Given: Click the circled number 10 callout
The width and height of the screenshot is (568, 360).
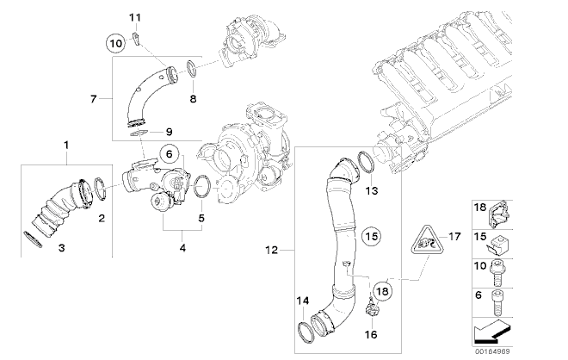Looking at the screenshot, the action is pos(115,44).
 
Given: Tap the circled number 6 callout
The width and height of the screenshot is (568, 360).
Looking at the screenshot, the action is pos(170,154).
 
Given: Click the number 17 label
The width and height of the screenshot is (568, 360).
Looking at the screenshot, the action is pos(454,237).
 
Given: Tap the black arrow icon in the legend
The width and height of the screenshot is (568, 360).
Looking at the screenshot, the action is pos(491,332).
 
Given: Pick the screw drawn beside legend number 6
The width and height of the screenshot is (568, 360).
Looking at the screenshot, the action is pos(497,302).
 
